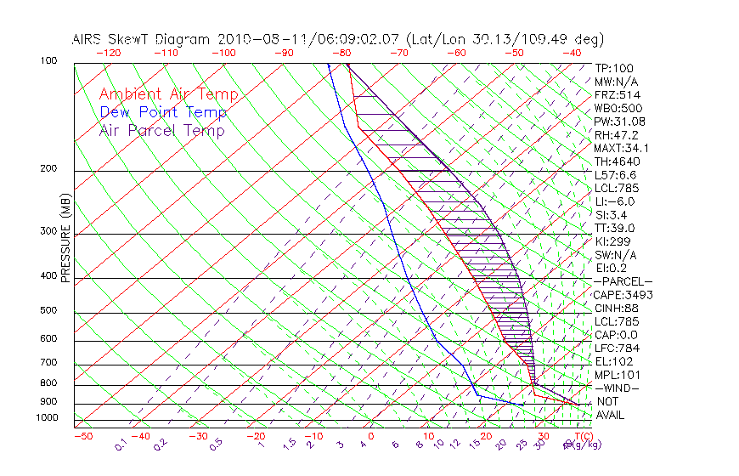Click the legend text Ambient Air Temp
(168, 94)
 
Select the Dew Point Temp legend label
(162, 112)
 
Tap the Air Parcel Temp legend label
(161, 130)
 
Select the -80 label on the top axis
(342, 53)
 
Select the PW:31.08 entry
(618, 122)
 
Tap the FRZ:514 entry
(615, 95)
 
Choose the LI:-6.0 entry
(613, 201)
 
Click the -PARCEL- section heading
(623, 281)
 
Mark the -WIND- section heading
(618, 388)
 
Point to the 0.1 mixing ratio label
(121, 443)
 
